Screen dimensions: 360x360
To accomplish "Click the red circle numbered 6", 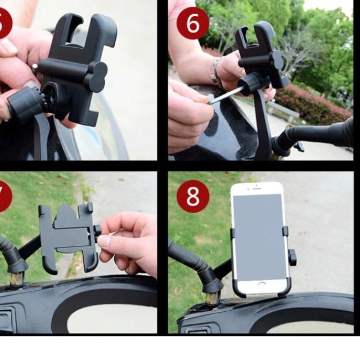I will coord(193,23).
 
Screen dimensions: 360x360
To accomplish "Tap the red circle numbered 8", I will coord(193,196).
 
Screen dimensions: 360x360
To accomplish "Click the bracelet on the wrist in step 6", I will coord(215,71).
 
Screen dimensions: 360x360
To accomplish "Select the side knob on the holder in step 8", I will coord(293,257).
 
